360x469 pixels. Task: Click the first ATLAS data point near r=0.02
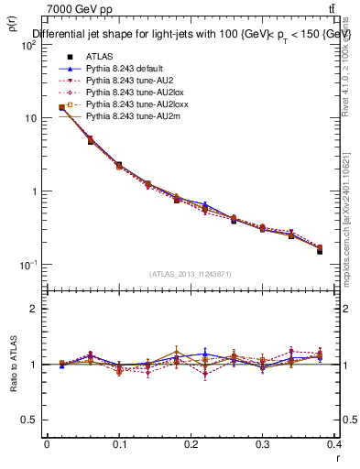coord(61,107)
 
